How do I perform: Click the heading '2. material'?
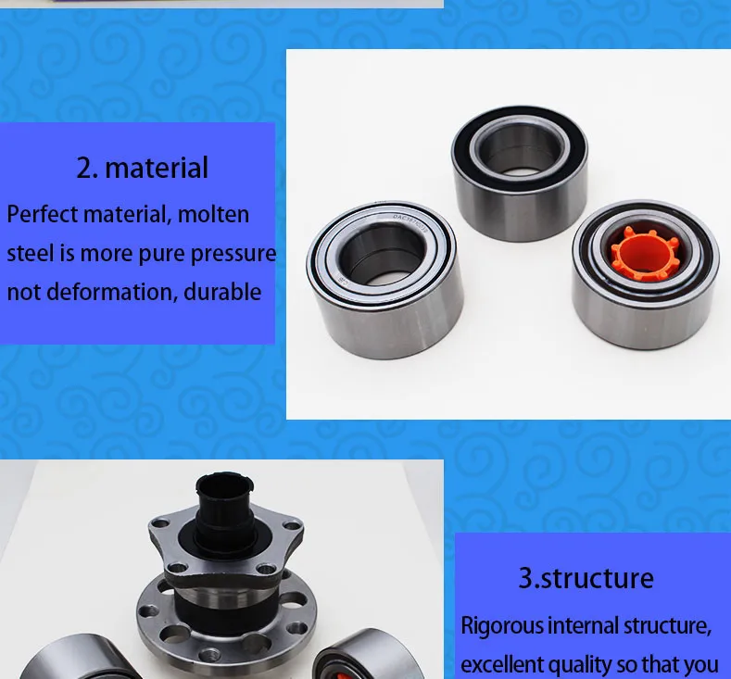[142, 168]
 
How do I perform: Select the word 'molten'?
[213, 214]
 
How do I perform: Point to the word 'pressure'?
[238, 253]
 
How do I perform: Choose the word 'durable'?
[222, 292]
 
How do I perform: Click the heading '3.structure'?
[586, 578]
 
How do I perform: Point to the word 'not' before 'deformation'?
[22, 292]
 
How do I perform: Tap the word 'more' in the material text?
[107, 253]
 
